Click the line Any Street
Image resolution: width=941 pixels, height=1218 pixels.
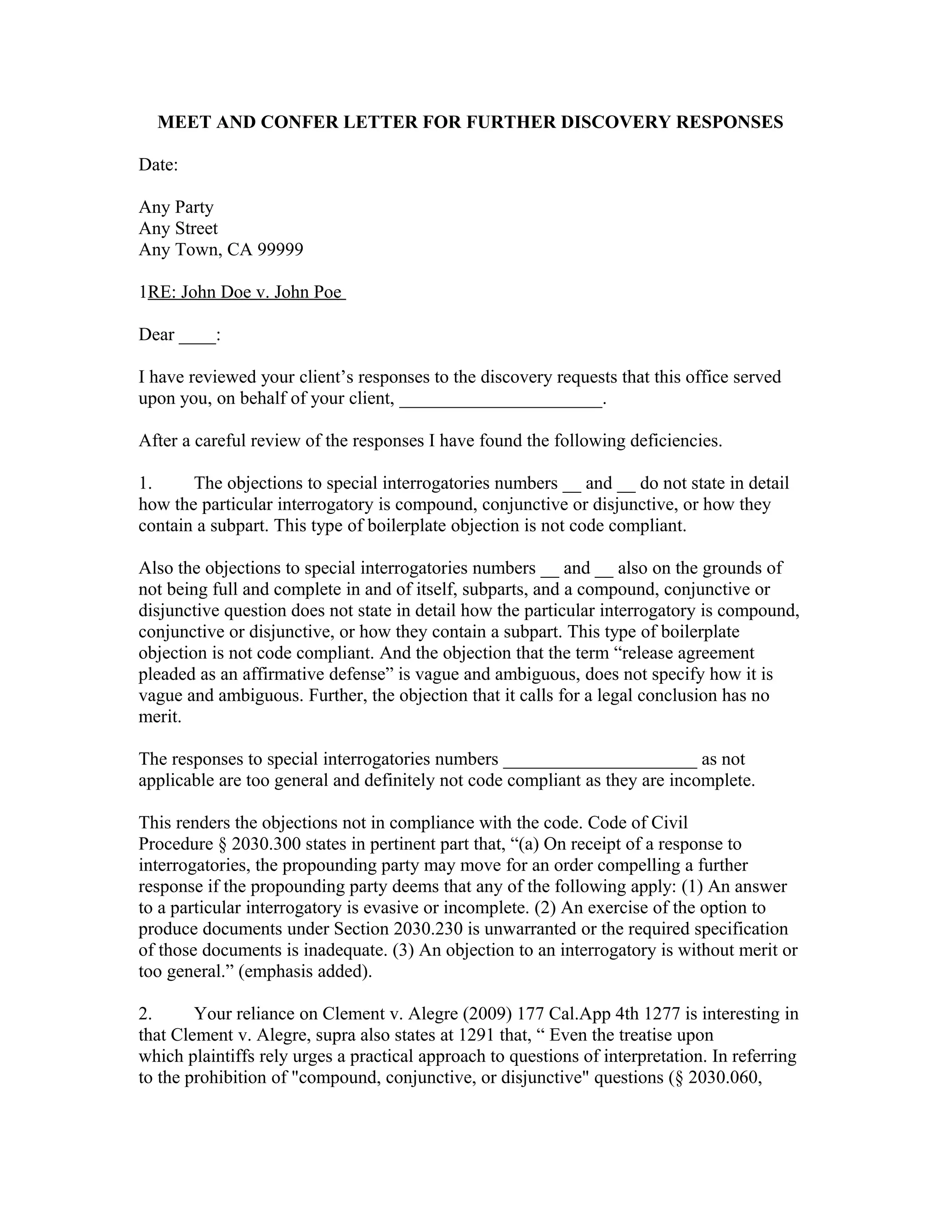pos(178,228)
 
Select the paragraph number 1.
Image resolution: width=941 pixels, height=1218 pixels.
pos(145,484)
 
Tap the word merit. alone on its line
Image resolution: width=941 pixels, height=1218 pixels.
pos(160,717)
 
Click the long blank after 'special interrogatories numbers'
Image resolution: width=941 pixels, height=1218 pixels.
pos(600,760)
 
